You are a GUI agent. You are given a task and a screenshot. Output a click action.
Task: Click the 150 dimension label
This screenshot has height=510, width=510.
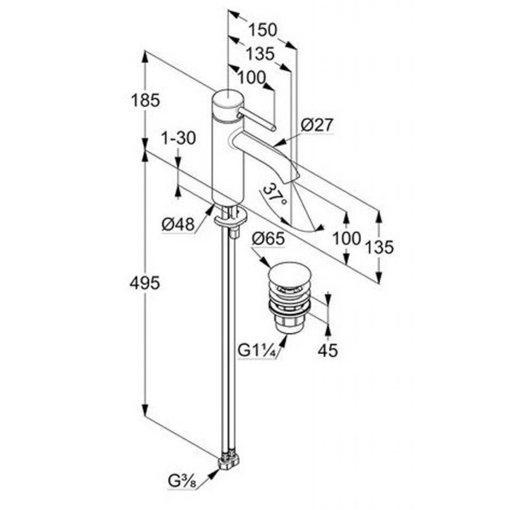(262, 30)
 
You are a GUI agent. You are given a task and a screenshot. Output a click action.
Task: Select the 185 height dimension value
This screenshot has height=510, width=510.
(145, 101)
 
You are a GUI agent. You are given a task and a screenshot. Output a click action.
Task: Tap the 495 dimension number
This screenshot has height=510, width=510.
(144, 283)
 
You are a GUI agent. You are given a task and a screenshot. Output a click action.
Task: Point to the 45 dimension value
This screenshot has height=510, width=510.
(327, 351)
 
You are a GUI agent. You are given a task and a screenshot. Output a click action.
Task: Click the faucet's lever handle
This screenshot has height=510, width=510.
(256, 120)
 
